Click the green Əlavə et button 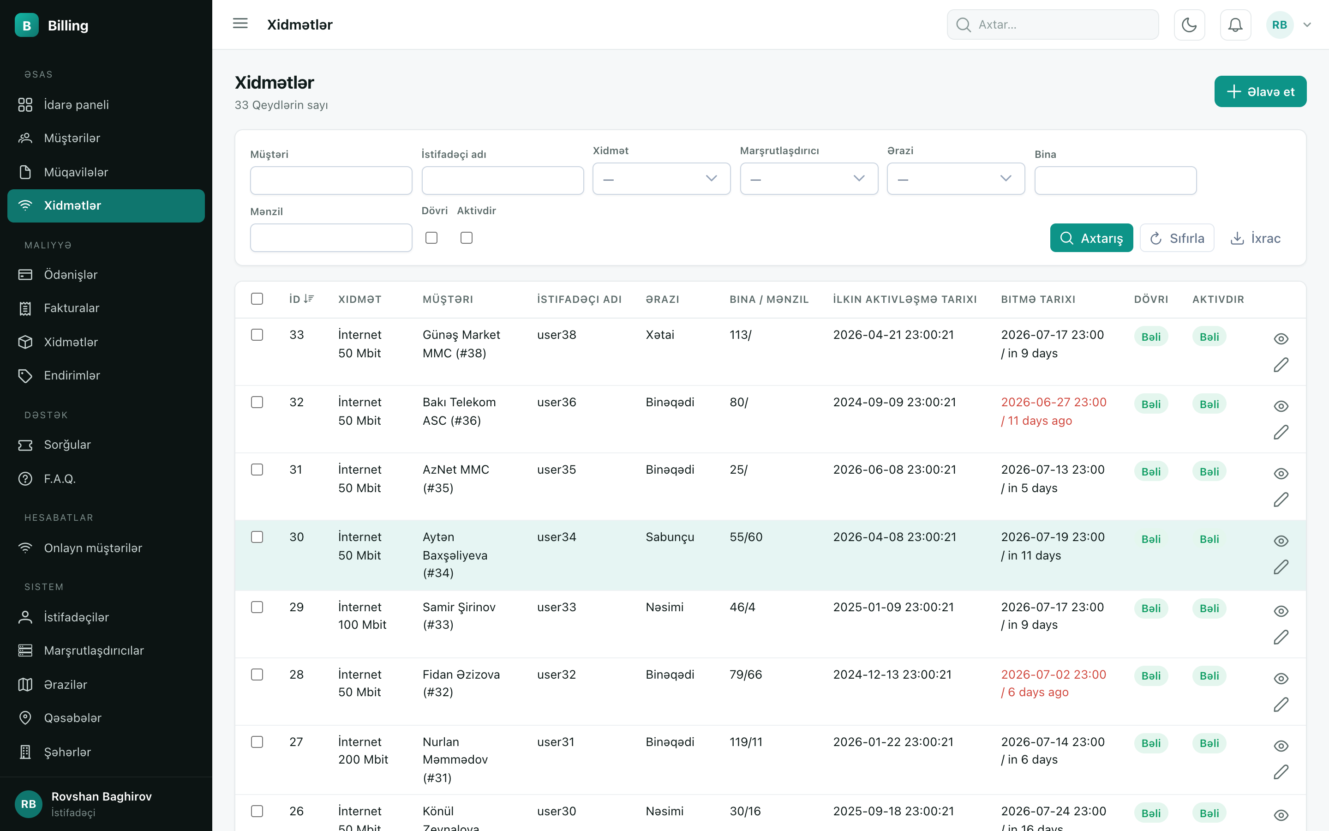[x=1260, y=91]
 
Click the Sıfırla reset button [x=1176, y=238]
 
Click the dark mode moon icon [x=1189, y=25]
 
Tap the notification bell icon [x=1235, y=25]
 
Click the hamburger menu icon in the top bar [x=240, y=24]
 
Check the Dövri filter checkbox [x=431, y=237]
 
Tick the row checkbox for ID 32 [x=257, y=402]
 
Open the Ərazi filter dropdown [x=956, y=179]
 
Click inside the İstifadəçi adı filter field [x=503, y=180]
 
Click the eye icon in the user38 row [x=1281, y=338]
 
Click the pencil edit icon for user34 [x=1281, y=566]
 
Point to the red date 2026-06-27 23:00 [x=1054, y=402]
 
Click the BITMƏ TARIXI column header [x=1038, y=300]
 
